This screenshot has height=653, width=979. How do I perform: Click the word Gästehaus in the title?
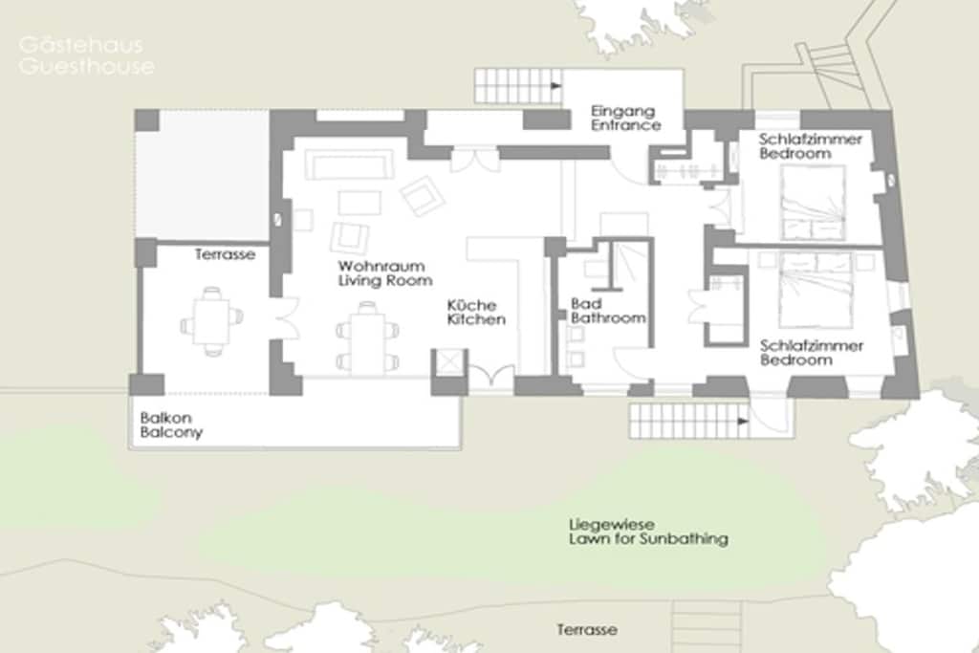pos(81,46)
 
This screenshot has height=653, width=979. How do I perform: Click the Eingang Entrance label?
pos(625,118)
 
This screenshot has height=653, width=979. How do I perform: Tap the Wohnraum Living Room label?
pos(384,273)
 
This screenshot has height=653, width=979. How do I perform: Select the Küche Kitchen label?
pos(476,312)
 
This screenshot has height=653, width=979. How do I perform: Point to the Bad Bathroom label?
pos(608,311)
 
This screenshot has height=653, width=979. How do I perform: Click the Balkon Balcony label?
pos(171,425)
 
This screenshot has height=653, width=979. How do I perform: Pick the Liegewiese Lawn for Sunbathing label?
pos(648,532)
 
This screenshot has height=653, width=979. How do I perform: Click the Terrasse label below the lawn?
pos(587,629)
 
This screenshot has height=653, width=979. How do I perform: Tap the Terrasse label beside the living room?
pos(225,254)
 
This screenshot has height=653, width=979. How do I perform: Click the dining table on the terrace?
pos(211,321)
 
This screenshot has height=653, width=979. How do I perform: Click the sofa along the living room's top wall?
pos(349,164)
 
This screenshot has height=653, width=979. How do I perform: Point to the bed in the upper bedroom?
pos(813,203)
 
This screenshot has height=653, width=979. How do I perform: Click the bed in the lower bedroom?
pos(816,290)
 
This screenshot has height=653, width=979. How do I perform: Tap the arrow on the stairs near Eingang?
pos(555,85)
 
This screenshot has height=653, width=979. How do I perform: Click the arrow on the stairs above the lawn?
pos(742,422)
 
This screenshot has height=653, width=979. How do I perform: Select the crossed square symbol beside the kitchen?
pos(448,361)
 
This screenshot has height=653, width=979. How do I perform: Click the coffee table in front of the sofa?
pos(359,203)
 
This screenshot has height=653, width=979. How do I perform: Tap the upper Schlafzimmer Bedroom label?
pos(810,146)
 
